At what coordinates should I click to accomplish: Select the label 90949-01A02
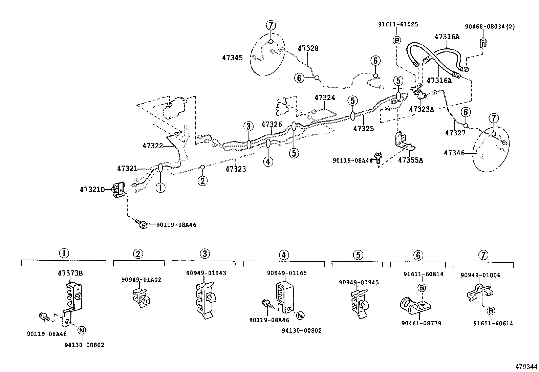[x=142, y=280]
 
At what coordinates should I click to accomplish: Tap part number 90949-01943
[x=206, y=273]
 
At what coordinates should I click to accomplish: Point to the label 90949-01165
[x=287, y=273]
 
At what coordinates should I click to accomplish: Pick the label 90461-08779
[x=421, y=323]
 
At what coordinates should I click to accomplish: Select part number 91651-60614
[x=493, y=323]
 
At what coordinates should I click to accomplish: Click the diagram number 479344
[x=526, y=367]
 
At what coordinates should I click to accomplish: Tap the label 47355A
[x=410, y=160]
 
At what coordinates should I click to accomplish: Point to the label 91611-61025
[x=398, y=24]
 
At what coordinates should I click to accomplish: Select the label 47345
[x=232, y=58]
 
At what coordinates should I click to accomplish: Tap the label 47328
[x=308, y=48]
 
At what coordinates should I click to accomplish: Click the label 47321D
[x=92, y=190]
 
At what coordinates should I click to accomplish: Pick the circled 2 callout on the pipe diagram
[x=202, y=181]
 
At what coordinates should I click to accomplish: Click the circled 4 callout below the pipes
[x=268, y=161]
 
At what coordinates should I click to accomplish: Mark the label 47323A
[x=422, y=109]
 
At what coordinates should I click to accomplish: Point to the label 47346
[x=454, y=153]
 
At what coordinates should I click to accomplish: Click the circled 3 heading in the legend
[x=204, y=254]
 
